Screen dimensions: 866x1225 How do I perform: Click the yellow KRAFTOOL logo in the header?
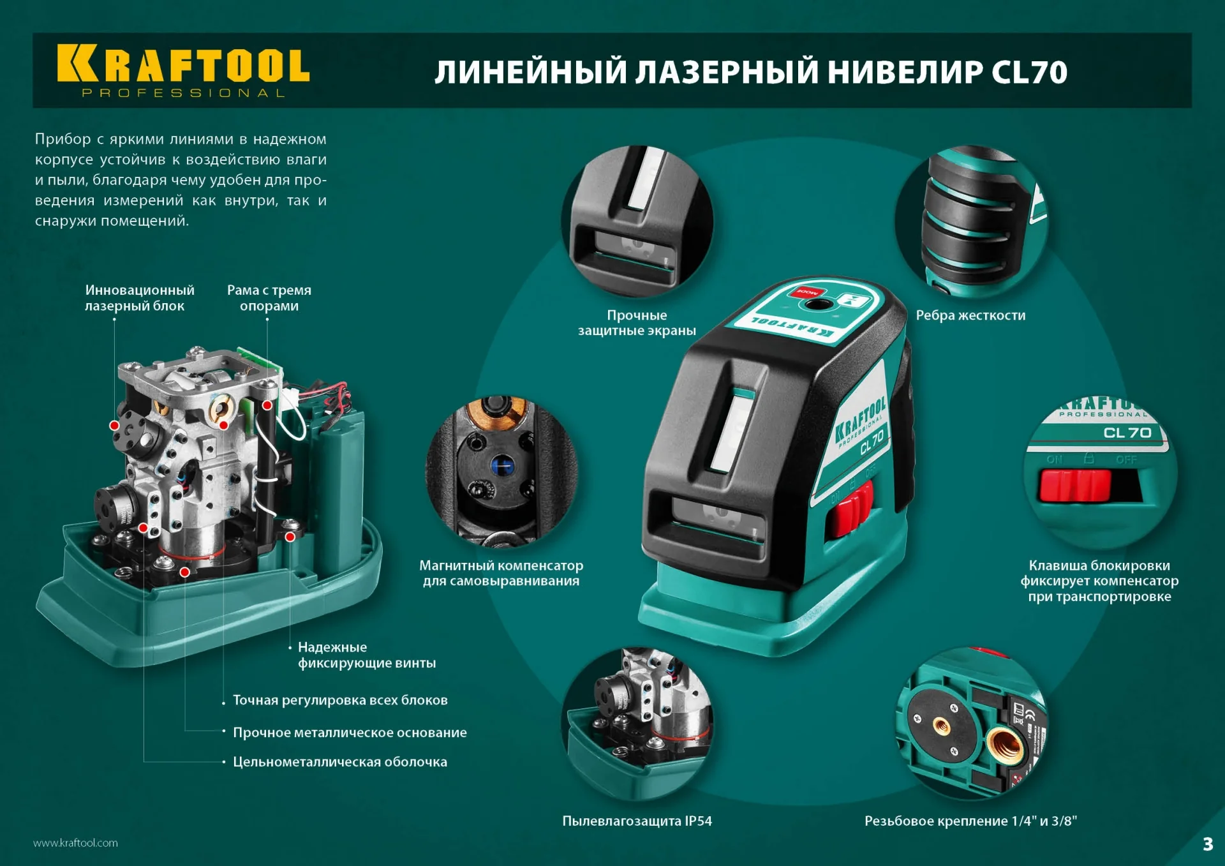point(183,64)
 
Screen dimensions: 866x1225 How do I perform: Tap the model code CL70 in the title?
point(1028,72)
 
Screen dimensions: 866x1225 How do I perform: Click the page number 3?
point(1207,844)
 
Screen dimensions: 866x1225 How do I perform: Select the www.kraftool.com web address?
point(75,843)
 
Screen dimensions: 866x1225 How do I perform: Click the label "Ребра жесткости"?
point(970,315)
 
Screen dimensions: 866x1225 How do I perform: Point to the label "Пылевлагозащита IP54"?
point(637,821)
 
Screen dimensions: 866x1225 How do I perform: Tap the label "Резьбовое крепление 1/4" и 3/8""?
point(970,821)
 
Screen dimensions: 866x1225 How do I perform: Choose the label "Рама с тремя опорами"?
point(269,298)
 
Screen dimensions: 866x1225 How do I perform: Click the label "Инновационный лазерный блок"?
point(139,298)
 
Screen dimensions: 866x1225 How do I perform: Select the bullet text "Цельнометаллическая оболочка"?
point(339,762)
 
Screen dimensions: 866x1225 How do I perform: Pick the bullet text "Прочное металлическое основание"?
point(350,733)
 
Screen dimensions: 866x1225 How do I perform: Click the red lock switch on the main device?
point(850,508)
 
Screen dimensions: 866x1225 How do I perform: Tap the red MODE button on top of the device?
point(806,293)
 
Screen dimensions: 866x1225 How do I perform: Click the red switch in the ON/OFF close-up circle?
point(1074,486)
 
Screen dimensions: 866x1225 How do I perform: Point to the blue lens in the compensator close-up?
point(502,465)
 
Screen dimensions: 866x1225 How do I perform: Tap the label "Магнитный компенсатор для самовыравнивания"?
point(501,573)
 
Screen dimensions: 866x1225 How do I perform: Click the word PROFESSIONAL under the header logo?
point(183,93)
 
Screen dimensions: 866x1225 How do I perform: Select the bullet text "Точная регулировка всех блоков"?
point(340,701)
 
